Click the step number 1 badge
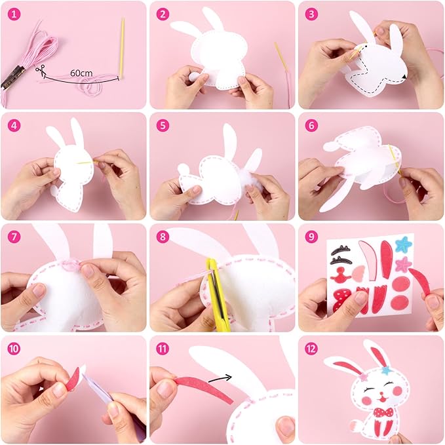tap(13, 13)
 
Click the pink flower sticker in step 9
tap(403, 263)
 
